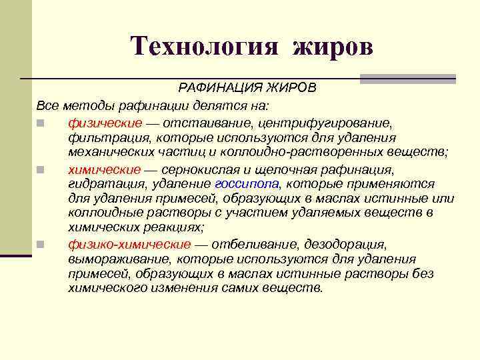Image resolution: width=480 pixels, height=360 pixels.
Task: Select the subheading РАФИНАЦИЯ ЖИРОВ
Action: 247,89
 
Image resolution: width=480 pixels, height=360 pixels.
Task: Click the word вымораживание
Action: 115,259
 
